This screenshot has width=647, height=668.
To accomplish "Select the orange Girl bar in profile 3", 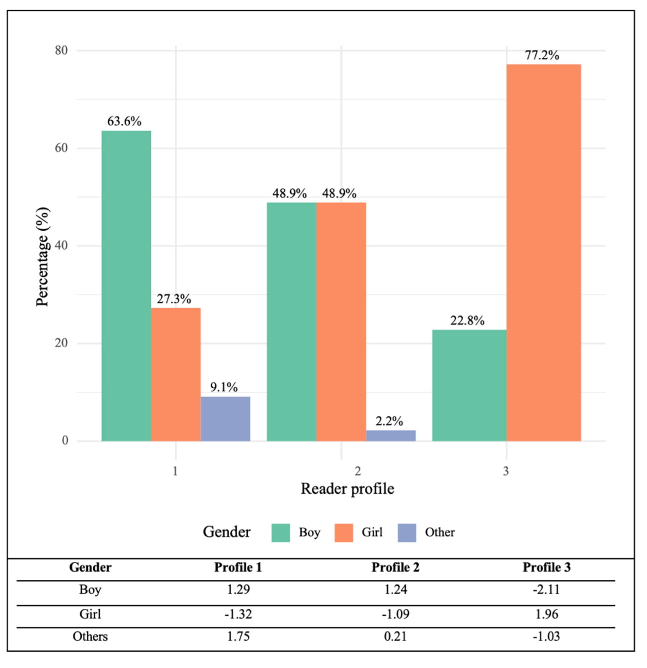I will [x=544, y=252].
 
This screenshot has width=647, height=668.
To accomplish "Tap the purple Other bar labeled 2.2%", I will [x=391, y=435].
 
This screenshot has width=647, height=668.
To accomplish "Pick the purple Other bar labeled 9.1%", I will [x=225, y=418].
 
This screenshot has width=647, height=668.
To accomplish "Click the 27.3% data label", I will [x=174, y=299].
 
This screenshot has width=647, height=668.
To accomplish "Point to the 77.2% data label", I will [x=542, y=55].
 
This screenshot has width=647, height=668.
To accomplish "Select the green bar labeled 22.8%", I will [x=469, y=385].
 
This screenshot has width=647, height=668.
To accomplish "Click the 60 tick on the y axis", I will [x=61, y=148].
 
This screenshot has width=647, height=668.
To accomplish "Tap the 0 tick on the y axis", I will [x=65, y=440].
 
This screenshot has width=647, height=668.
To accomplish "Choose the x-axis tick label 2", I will [x=358, y=471].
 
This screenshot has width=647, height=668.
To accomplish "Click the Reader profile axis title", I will [x=347, y=489].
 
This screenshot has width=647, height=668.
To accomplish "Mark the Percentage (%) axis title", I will [x=42, y=257].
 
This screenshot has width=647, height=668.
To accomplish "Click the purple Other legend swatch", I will [x=407, y=533].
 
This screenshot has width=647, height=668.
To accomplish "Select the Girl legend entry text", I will [x=372, y=532].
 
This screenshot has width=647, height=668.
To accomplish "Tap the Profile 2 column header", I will [x=395, y=567].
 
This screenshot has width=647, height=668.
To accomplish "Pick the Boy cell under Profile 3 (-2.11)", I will [x=546, y=590].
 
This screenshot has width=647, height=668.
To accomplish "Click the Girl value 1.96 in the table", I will [x=546, y=614].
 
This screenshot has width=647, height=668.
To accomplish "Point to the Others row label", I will [x=90, y=636].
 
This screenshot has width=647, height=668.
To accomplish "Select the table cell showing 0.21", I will [x=395, y=636].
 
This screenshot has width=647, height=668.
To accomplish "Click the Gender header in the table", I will [x=90, y=567].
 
